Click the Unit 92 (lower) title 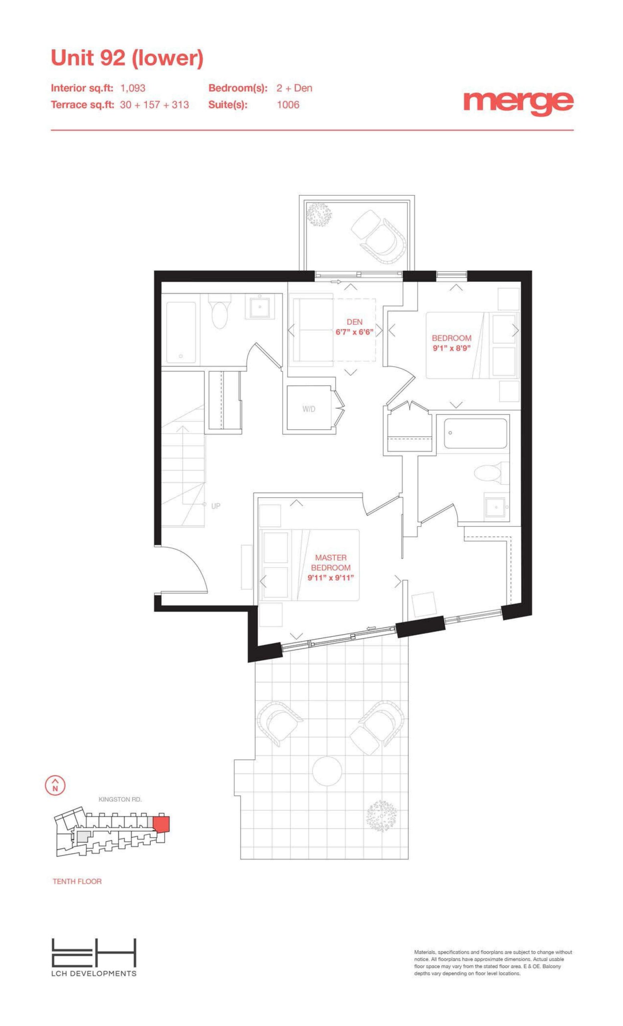pos(127,58)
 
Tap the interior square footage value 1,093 pos(133,88)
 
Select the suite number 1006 pos(288,105)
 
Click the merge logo pos(518,104)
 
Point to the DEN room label pos(354,322)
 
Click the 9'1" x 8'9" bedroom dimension pos(451,348)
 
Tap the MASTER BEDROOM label pos(331,563)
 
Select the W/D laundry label pos(309,409)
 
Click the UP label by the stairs pos(216,506)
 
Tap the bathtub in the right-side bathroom pos(475,434)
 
